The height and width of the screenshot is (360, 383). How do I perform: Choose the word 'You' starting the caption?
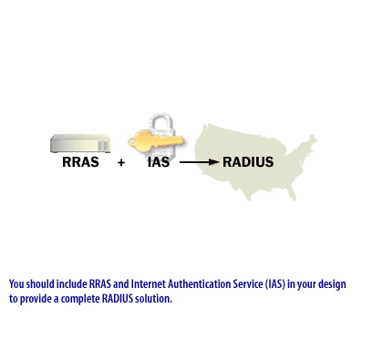[x=16, y=283]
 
